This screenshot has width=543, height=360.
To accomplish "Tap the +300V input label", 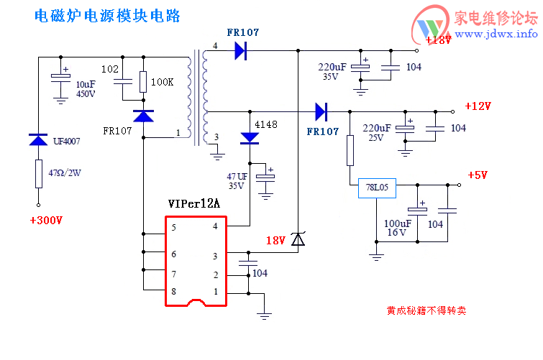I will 46,220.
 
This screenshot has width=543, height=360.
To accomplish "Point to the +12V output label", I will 478,106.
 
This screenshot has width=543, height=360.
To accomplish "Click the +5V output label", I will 478,175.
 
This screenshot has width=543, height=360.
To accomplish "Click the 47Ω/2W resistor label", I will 65,172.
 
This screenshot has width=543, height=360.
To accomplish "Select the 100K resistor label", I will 162,82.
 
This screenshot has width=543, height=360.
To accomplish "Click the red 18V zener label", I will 275,240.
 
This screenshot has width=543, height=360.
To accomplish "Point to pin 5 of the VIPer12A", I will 173,227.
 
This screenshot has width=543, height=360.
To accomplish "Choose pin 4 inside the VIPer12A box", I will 214,227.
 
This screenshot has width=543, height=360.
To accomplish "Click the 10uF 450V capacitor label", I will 86,88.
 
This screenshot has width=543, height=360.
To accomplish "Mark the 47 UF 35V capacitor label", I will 237,180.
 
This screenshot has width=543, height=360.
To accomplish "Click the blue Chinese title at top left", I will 107,15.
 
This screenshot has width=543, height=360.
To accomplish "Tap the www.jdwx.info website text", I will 496,34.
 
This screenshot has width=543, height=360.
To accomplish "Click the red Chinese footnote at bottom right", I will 426,311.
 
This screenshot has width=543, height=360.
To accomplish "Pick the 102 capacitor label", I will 110,69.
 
